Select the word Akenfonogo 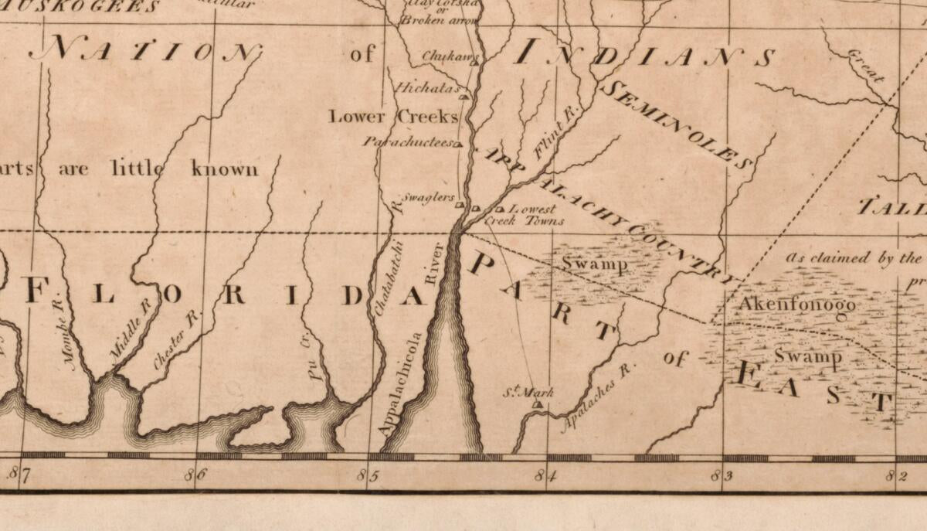tap(797, 305)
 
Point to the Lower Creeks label tap(393, 117)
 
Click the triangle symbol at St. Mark tap(537, 403)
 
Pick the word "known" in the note tap(225, 168)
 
